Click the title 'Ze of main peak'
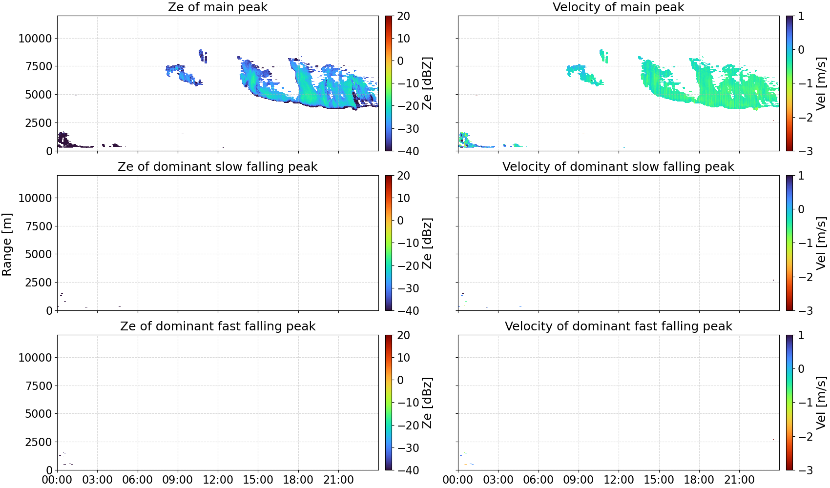[x=217, y=7]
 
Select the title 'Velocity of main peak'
[x=619, y=7]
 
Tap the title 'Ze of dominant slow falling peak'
[x=217, y=166]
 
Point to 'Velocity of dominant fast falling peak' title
[x=619, y=326]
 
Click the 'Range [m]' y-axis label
[x=7, y=244]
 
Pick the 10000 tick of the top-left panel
[x=35, y=38]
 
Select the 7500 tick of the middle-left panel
[x=39, y=226]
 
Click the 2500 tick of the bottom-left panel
[x=39, y=442]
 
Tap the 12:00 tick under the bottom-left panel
[x=218, y=480]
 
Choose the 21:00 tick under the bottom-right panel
[x=739, y=480]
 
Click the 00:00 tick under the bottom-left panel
[x=57, y=480]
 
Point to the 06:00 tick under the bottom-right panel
[x=539, y=480]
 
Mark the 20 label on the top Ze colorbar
[x=403, y=16]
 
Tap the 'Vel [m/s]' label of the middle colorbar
[x=821, y=243]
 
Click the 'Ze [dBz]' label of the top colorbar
[x=427, y=83]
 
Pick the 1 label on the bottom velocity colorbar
[x=801, y=335]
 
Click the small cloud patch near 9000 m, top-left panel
[x=203, y=56]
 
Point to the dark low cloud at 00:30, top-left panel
[x=64, y=139]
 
